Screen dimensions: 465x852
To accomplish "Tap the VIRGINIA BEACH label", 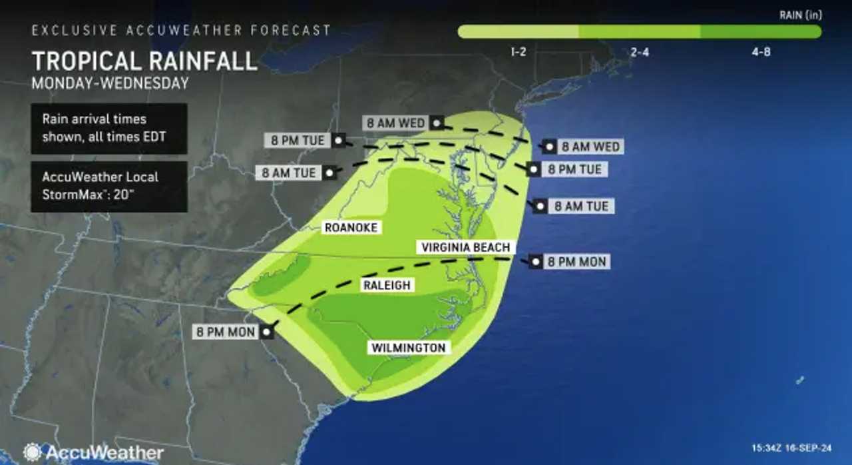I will [x=466, y=247].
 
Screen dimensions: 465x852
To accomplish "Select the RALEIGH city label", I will [x=387, y=285].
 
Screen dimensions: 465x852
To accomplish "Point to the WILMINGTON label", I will [x=408, y=348].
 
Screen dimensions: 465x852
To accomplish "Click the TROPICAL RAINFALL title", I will [x=144, y=61].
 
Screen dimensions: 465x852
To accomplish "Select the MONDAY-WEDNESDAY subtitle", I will [x=110, y=83].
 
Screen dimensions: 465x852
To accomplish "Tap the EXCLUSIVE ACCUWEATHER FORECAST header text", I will [x=181, y=31].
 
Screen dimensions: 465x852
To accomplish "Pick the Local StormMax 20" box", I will [x=108, y=187].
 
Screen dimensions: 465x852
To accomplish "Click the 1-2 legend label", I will [x=519, y=52].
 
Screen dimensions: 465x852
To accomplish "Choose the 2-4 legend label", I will [x=640, y=52].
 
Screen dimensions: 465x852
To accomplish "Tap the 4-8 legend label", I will [x=761, y=52].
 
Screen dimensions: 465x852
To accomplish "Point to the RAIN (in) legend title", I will [x=799, y=14].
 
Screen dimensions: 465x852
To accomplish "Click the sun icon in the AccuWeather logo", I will [x=32, y=452].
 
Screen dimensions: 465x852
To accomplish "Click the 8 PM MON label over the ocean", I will [x=576, y=262].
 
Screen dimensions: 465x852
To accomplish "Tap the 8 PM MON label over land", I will [x=226, y=331].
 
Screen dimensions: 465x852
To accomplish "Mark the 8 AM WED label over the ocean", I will [x=590, y=147].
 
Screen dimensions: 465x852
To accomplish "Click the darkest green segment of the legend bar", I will [x=761, y=32].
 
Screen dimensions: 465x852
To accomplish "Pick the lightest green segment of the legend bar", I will [x=519, y=32].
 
